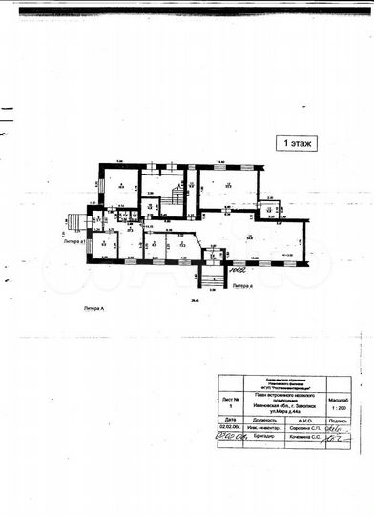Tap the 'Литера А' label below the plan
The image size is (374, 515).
(99, 310)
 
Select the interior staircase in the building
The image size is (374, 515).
(175, 196)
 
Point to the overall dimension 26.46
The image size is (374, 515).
(194, 302)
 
